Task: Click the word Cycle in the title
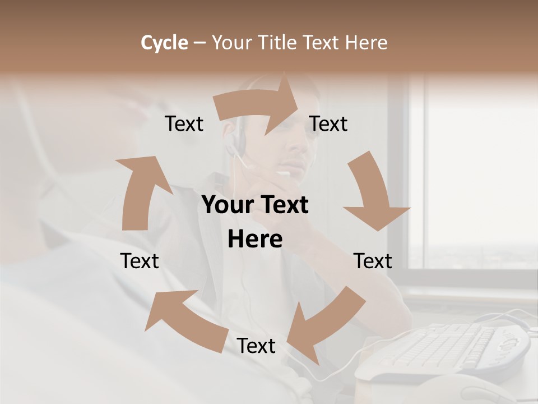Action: pyautogui.click(x=164, y=43)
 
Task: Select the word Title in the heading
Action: pyautogui.click(x=279, y=43)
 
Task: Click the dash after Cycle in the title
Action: pyautogui.click(x=200, y=43)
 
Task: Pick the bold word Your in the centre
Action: pyautogui.click(x=228, y=205)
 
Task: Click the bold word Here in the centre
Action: pyautogui.click(x=255, y=240)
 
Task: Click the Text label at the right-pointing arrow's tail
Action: pyautogui.click(x=184, y=124)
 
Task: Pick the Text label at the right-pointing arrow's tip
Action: pyautogui.click(x=328, y=124)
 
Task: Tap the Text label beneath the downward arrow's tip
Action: pyautogui.click(x=373, y=261)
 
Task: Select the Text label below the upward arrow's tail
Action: pyautogui.click(x=140, y=261)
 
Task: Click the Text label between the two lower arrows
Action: pyautogui.click(x=256, y=346)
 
